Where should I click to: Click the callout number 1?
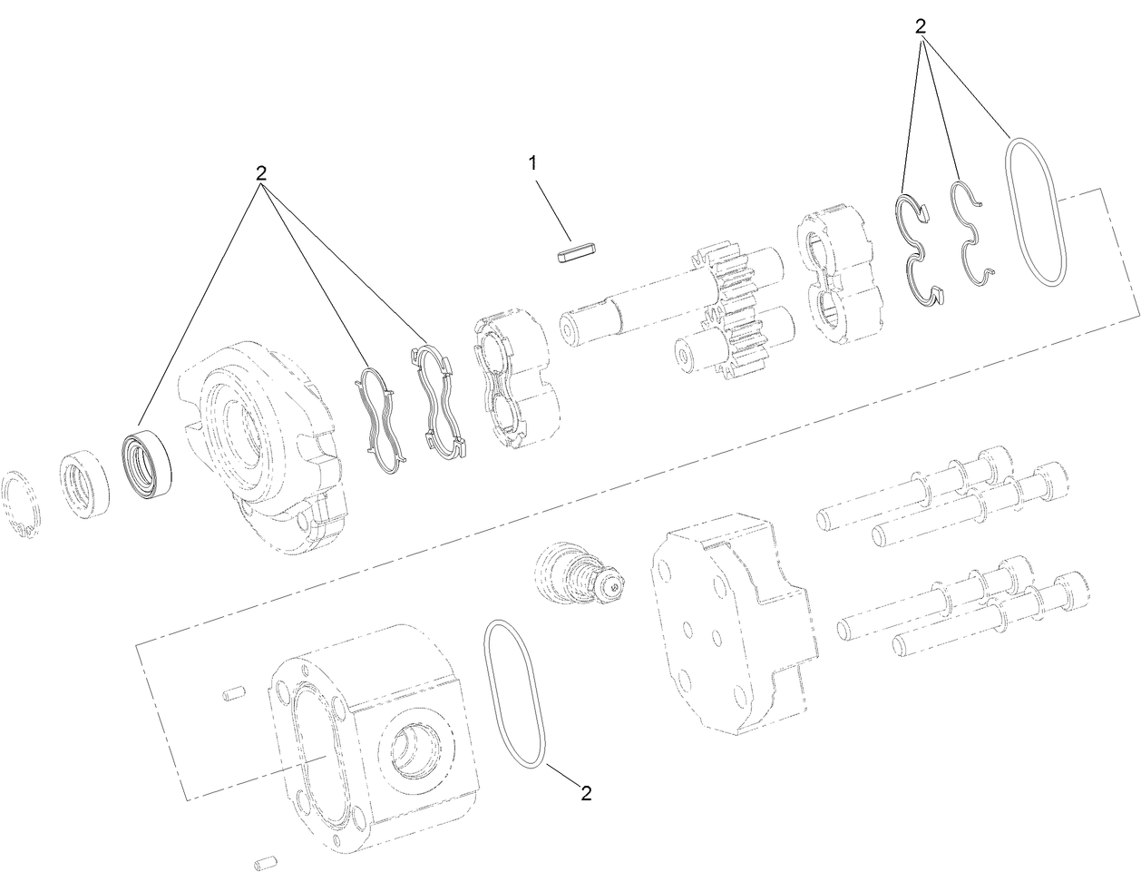click(533, 163)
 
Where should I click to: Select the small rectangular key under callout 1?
click(576, 250)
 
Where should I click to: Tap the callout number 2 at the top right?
click(921, 27)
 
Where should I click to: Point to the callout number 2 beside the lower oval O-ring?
click(586, 793)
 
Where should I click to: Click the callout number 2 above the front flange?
click(261, 173)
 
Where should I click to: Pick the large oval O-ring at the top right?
click(1037, 211)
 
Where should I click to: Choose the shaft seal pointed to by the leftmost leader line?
click(146, 464)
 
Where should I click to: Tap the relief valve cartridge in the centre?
click(580, 571)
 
